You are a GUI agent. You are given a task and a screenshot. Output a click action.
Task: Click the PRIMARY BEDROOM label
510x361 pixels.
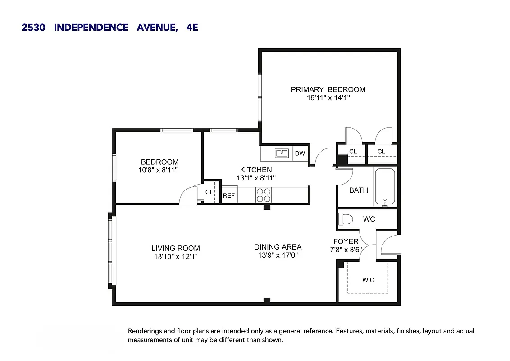(x=328, y=89)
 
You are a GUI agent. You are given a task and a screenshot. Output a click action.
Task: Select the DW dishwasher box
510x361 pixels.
(x=300, y=153)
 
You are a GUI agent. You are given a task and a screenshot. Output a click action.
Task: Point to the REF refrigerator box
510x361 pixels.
(x=229, y=195)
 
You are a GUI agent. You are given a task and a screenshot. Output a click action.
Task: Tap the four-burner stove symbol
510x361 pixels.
(x=264, y=194)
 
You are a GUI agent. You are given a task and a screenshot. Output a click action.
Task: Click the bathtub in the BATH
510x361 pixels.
(x=384, y=187)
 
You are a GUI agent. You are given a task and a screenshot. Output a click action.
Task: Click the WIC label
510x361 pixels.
(x=368, y=280)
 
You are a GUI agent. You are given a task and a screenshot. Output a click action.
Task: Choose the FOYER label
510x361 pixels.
(x=346, y=241)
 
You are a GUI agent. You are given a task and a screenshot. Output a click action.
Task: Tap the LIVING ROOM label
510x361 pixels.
(x=175, y=248)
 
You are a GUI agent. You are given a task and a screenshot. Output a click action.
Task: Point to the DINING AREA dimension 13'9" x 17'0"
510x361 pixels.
(x=278, y=255)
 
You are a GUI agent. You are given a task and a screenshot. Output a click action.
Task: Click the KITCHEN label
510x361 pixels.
(x=256, y=170)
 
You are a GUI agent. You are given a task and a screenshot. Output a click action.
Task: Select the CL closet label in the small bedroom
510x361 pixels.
(x=209, y=192)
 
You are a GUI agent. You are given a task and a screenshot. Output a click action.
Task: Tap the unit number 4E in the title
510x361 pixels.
(x=192, y=28)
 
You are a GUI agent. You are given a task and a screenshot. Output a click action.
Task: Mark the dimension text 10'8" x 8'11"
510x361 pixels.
(x=159, y=170)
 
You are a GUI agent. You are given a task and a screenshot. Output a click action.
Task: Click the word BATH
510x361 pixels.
(x=359, y=190)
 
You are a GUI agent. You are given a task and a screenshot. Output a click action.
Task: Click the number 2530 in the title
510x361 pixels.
(x=33, y=28)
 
